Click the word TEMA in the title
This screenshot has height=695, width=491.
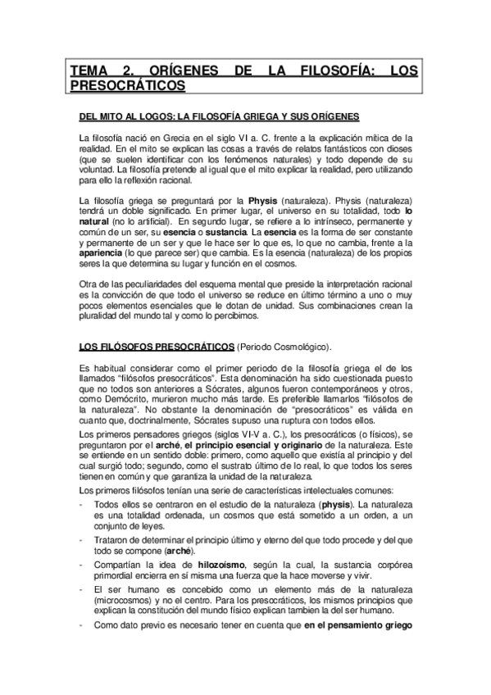coord(89,71)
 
